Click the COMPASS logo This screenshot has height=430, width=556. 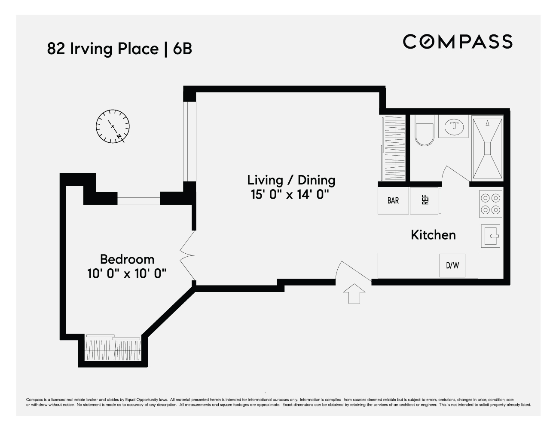pyautogui.click(x=458, y=41)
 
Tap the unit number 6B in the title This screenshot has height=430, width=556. pyautogui.click(x=182, y=49)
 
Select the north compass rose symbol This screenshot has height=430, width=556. pyautogui.click(x=113, y=126)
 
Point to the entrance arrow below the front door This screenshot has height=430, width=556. pyautogui.click(x=354, y=294)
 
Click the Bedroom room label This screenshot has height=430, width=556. pyautogui.click(x=127, y=259)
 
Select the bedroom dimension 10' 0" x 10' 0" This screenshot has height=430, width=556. pyautogui.click(x=127, y=273)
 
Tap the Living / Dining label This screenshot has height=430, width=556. pyautogui.click(x=291, y=180)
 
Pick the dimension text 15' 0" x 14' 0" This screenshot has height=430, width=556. pyautogui.click(x=291, y=194)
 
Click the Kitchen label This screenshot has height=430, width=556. pyautogui.click(x=433, y=235)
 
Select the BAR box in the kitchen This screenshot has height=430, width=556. pyautogui.click(x=393, y=200)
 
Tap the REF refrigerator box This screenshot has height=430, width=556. pyautogui.click(x=425, y=200)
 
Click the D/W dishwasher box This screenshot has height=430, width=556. pyautogui.click(x=452, y=265)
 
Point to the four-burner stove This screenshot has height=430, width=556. pyautogui.click(x=491, y=204)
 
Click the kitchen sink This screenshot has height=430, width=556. pyautogui.click(x=491, y=236)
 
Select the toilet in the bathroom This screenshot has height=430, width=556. pyautogui.click(x=425, y=133)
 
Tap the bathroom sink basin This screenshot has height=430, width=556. pyautogui.click(x=453, y=126)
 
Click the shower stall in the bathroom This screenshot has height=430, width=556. pyautogui.click(x=487, y=147)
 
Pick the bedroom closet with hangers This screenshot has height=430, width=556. pyautogui.click(x=113, y=349)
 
